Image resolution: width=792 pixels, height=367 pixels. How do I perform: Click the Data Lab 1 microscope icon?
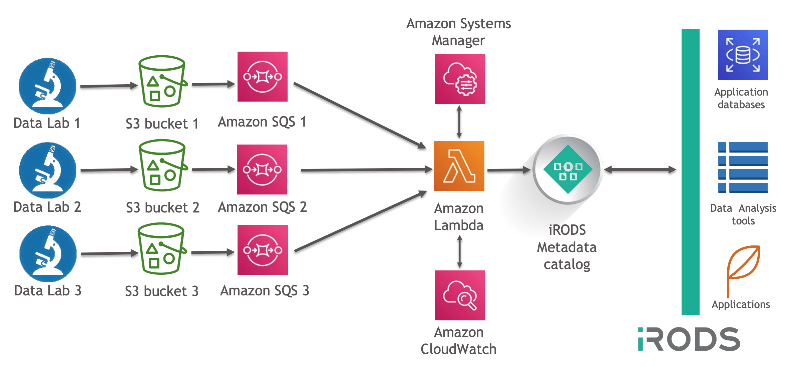pos(47,86)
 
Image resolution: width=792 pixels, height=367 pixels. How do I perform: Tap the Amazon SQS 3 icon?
pos(263,250)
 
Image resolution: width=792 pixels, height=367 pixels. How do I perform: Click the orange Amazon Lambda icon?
pos(459,166)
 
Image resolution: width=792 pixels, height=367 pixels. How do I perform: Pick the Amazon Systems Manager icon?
pos(460,79)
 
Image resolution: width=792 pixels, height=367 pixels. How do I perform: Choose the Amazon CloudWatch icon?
pos(460,295)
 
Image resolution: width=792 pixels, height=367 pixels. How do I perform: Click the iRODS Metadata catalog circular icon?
pos(567,169)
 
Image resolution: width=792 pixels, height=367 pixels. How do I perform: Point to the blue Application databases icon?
pos(743,55)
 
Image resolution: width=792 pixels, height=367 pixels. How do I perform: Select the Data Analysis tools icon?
pos(743,168)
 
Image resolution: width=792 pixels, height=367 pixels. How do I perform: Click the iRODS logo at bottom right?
pos(689,339)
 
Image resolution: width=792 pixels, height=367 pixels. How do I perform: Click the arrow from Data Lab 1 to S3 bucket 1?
pos(109,86)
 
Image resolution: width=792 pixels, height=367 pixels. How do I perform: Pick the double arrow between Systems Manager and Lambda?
pos(459,122)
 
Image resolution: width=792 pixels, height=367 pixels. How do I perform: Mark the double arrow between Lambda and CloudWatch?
pos(460,251)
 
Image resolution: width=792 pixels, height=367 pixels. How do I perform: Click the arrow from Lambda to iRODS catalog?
pos(508,170)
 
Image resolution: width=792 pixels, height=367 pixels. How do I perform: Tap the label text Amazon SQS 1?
pos(262,122)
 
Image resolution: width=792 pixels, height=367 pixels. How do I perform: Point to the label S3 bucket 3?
pos(162,291)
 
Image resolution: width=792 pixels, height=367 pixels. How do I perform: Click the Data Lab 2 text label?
pos(47,207)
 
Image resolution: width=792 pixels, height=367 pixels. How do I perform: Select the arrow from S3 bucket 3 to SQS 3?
pos(213,252)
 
